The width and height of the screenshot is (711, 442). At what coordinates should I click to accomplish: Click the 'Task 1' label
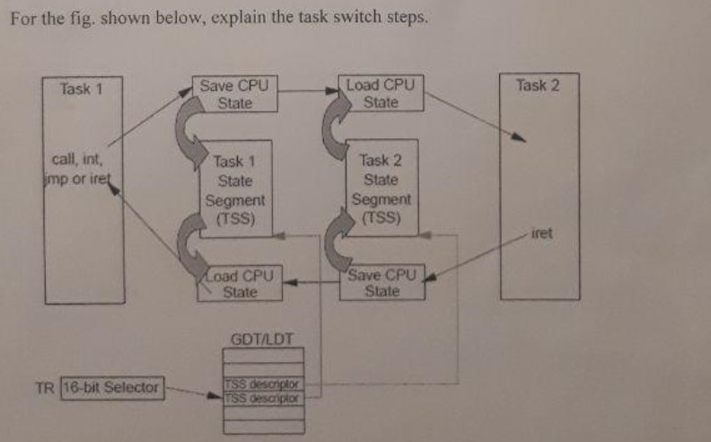click(81, 89)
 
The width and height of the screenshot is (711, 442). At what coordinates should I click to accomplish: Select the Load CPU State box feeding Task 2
click(380, 94)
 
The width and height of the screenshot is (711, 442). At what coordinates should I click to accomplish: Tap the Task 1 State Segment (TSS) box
click(235, 190)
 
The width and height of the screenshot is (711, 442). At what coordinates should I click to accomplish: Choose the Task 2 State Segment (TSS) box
click(382, 189)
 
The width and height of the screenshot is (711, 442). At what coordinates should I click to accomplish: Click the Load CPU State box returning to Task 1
click(240, 283)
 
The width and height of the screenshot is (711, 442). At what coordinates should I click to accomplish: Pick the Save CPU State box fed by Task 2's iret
click(382, 282)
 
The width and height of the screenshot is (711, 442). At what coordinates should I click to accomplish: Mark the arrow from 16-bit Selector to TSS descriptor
click(192, 392)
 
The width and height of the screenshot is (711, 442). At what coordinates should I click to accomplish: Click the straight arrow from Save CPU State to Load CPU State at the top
click(308, 90)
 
